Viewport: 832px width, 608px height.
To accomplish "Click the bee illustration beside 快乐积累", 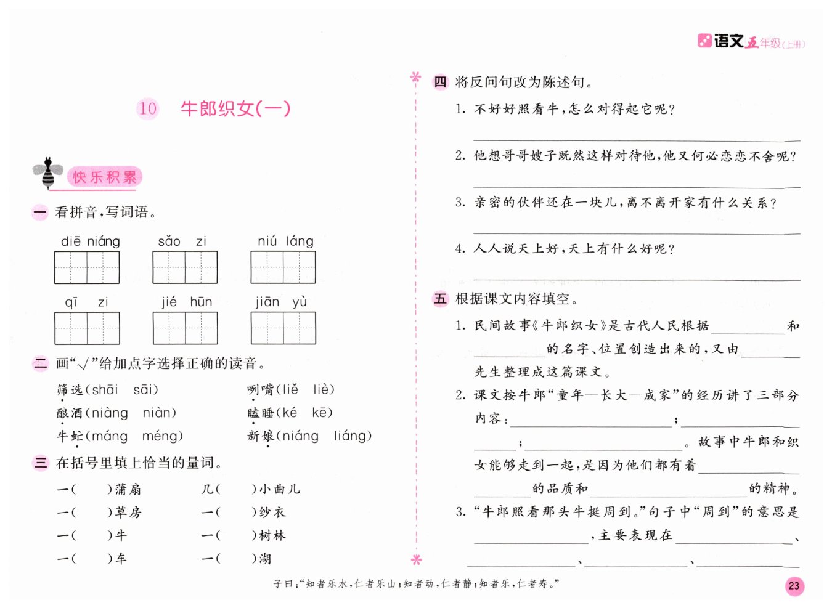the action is tap(47, 173).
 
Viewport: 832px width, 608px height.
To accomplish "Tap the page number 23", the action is tap(794, 585).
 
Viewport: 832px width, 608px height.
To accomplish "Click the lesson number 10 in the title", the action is tap(147, 109).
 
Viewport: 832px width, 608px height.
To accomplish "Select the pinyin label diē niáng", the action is tap(90, 241).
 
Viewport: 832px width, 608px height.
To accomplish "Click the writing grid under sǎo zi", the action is tap(185, 267).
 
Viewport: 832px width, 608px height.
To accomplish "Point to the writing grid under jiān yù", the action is tap(283, 328).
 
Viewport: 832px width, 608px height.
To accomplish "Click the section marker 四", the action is tap(440, 82).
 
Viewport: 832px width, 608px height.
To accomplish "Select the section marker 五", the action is tap(440, 299).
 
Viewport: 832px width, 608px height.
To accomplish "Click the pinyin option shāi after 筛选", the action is tap(105, 389).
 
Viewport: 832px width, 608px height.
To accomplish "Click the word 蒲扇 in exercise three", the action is tap(128, 489).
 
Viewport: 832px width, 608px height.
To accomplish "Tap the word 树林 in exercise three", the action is tap(272, 535).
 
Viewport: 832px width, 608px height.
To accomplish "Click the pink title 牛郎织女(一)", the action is tap(235, 109).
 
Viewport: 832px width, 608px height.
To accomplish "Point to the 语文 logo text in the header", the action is tap(728, 41).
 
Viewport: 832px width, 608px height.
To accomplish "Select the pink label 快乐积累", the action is tap(104, 177).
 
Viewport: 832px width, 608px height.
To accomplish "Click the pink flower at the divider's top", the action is tap(416, 78).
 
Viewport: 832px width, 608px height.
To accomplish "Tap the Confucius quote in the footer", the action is tap(417, 584).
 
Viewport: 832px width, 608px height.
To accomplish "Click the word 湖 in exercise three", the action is tap(265, 559).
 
